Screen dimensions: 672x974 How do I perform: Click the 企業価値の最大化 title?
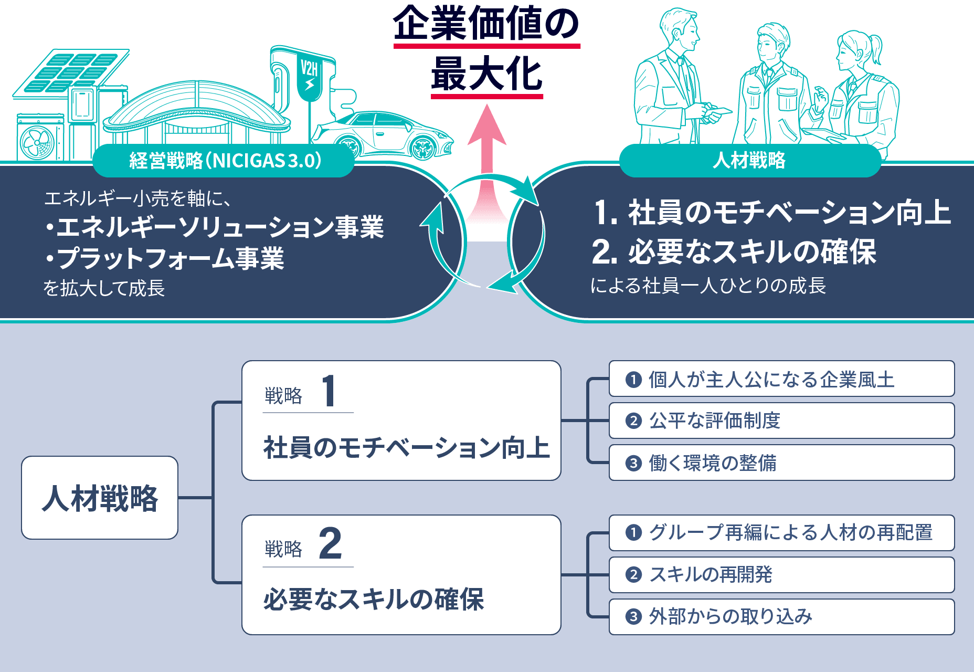click(x=486, y=50)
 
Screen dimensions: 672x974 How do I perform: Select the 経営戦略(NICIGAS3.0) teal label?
click(x=224, y=161)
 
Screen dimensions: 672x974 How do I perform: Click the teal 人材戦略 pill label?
click(x=749, y=161)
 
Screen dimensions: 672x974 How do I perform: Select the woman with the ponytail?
click(x=861, y=89)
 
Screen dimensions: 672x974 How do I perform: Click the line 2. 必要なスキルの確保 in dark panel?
click(x=734, y=252)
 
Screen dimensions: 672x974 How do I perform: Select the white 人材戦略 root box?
click(x=100, y=498)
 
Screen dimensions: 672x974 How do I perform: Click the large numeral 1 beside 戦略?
click(x=329, y=391)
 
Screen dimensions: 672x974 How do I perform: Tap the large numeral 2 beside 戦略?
click(x=330, y=544)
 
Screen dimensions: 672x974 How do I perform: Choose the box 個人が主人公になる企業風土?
click(x=781, y=379)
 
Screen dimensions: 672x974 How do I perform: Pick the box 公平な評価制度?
click(x=781, y=421)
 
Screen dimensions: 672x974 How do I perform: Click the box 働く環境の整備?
click(x=781, y=463)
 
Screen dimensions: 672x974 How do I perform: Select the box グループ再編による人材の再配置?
click(x=781, y=533)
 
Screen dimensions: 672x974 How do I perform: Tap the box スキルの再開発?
click(x=781, y=575)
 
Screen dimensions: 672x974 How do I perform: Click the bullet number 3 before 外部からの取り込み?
click(x=633, y=617)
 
